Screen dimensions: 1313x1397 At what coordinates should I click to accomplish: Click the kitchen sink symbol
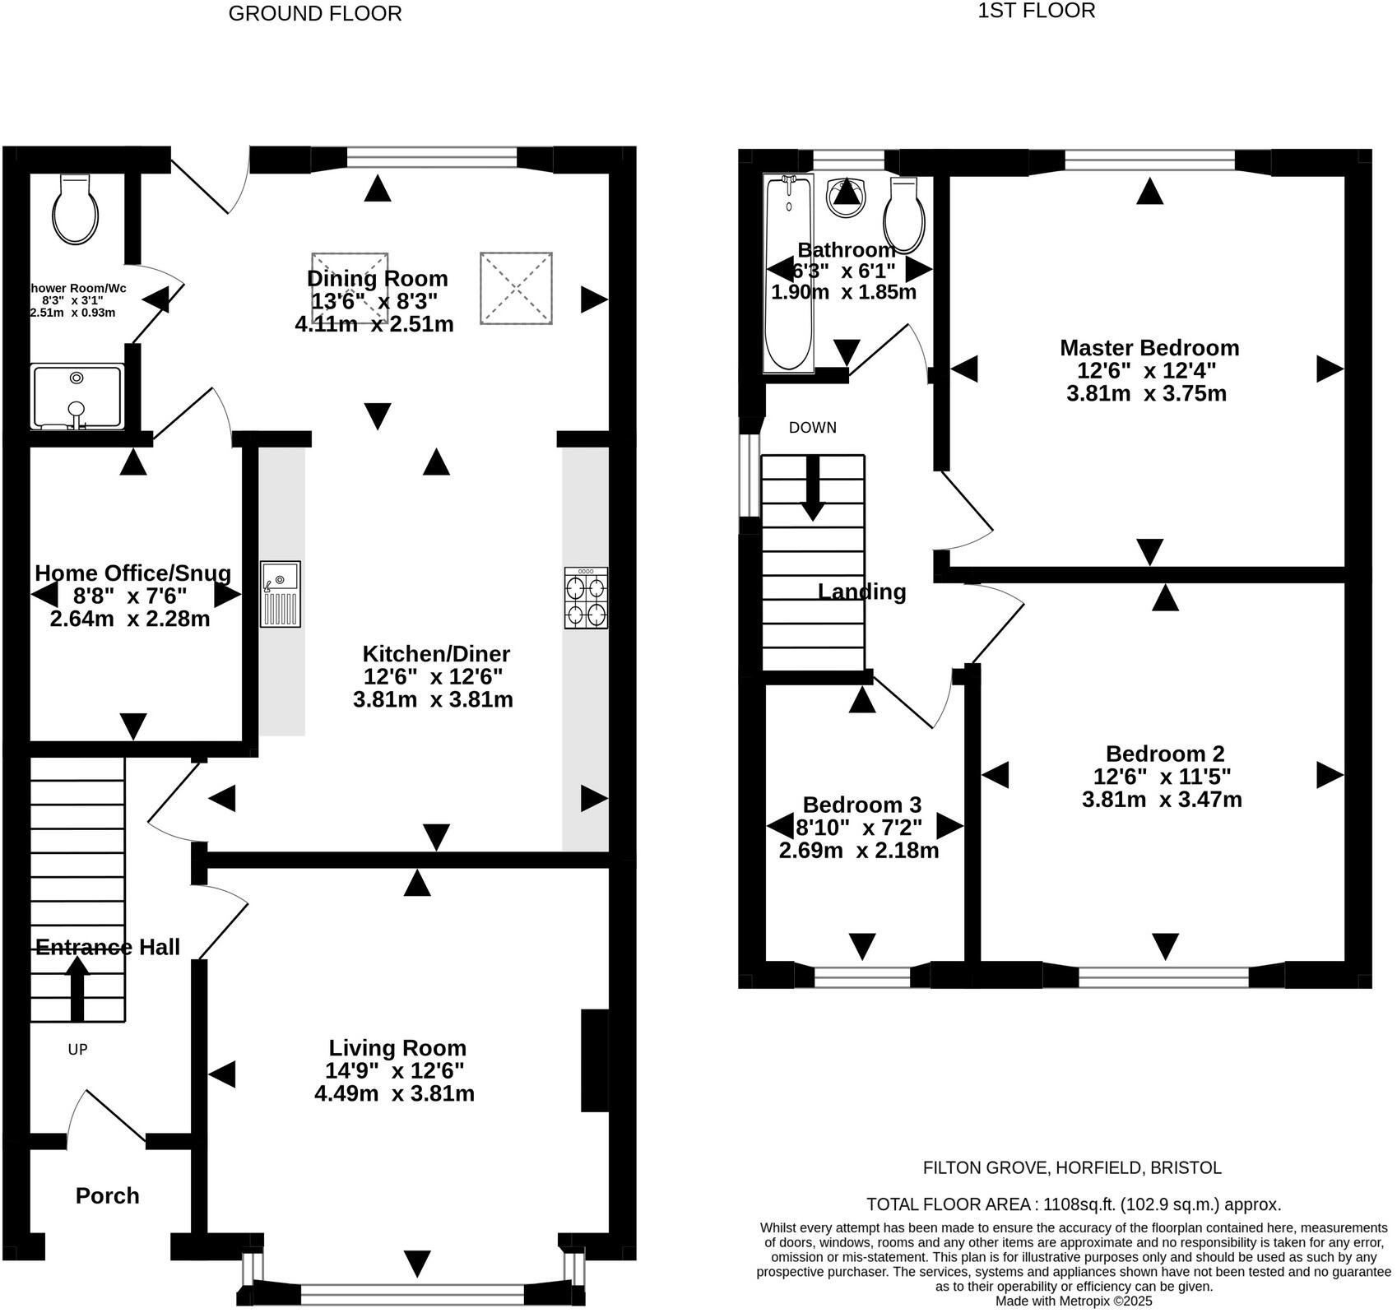coord(281,596)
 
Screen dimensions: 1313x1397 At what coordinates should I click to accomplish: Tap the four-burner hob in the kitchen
coord(586,599)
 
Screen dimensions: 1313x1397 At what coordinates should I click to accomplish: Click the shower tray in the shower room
coord(77,398)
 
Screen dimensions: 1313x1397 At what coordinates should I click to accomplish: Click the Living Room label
coord(397,1049)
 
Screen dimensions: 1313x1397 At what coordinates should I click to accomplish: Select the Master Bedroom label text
coord(1149,348)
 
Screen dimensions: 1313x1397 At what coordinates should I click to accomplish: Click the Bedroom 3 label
coord(861,805)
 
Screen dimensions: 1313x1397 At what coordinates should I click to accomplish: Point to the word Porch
coord(107,1196)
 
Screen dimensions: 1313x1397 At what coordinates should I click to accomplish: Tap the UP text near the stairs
coord(77,1051)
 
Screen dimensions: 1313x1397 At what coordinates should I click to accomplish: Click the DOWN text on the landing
coord(812,428)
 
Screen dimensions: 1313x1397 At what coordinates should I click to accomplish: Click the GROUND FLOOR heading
coord(314,14)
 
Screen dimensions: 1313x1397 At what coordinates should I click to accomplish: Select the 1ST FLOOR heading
coord(1036,12)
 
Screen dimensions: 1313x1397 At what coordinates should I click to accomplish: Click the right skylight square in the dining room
coord(517,288)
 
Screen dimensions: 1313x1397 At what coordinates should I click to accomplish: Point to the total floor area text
coord(1073,1205)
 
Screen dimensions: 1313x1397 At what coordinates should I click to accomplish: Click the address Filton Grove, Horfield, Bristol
coord(1071,1168)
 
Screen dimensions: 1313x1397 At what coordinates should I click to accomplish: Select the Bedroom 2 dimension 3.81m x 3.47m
coord(1161,800)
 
